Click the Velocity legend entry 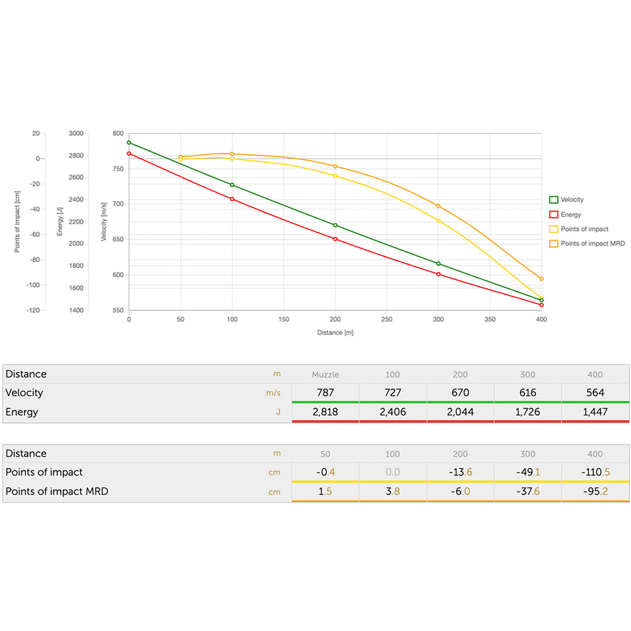point(571,200)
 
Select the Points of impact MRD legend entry point(592,243)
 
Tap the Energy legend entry point(570,214)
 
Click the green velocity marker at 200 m point(335,225)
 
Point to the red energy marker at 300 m point(438,274)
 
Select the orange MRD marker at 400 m point(542,279)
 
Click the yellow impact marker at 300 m point(438,220)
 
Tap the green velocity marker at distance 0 point(129,143)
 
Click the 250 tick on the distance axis point(387,320)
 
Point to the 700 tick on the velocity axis point(117,204)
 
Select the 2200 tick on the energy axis point(76,222)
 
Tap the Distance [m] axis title point(335,332)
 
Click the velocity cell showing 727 point(393,393)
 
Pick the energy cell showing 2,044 point(460,412)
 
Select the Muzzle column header point(325,375)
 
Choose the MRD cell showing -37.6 point(528,491)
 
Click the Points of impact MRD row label point(57,491)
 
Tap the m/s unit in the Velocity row point(273,393)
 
